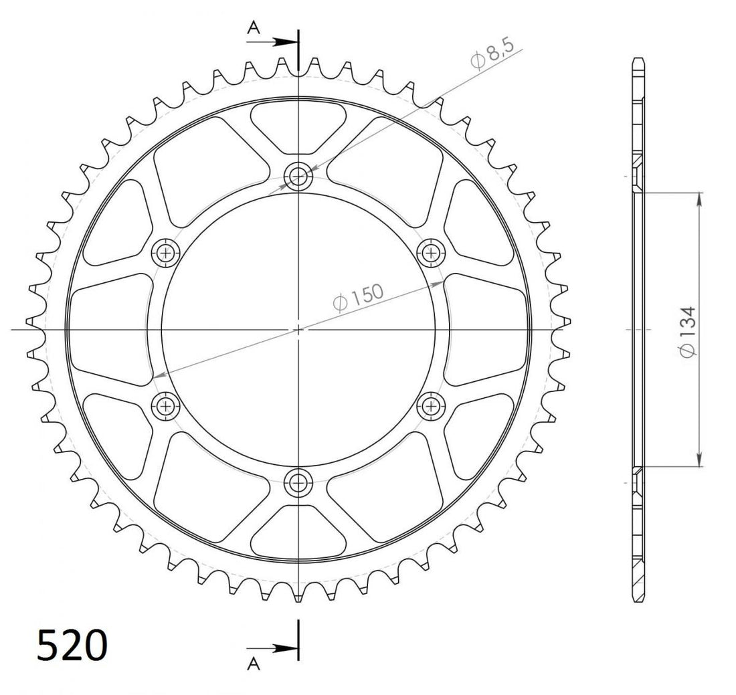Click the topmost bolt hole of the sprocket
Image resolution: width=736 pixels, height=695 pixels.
298,177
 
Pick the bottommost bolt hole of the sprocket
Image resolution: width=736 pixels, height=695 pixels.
298,481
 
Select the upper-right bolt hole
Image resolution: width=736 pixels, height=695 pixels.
430,252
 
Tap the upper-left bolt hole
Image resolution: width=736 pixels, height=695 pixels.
166,252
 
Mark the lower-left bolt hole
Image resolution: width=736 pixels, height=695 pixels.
166,405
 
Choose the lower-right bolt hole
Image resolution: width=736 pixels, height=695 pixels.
430,405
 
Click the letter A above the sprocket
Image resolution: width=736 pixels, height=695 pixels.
253,27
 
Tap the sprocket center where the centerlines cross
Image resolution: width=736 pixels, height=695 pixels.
298,329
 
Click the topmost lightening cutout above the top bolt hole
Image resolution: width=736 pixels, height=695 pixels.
298,125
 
